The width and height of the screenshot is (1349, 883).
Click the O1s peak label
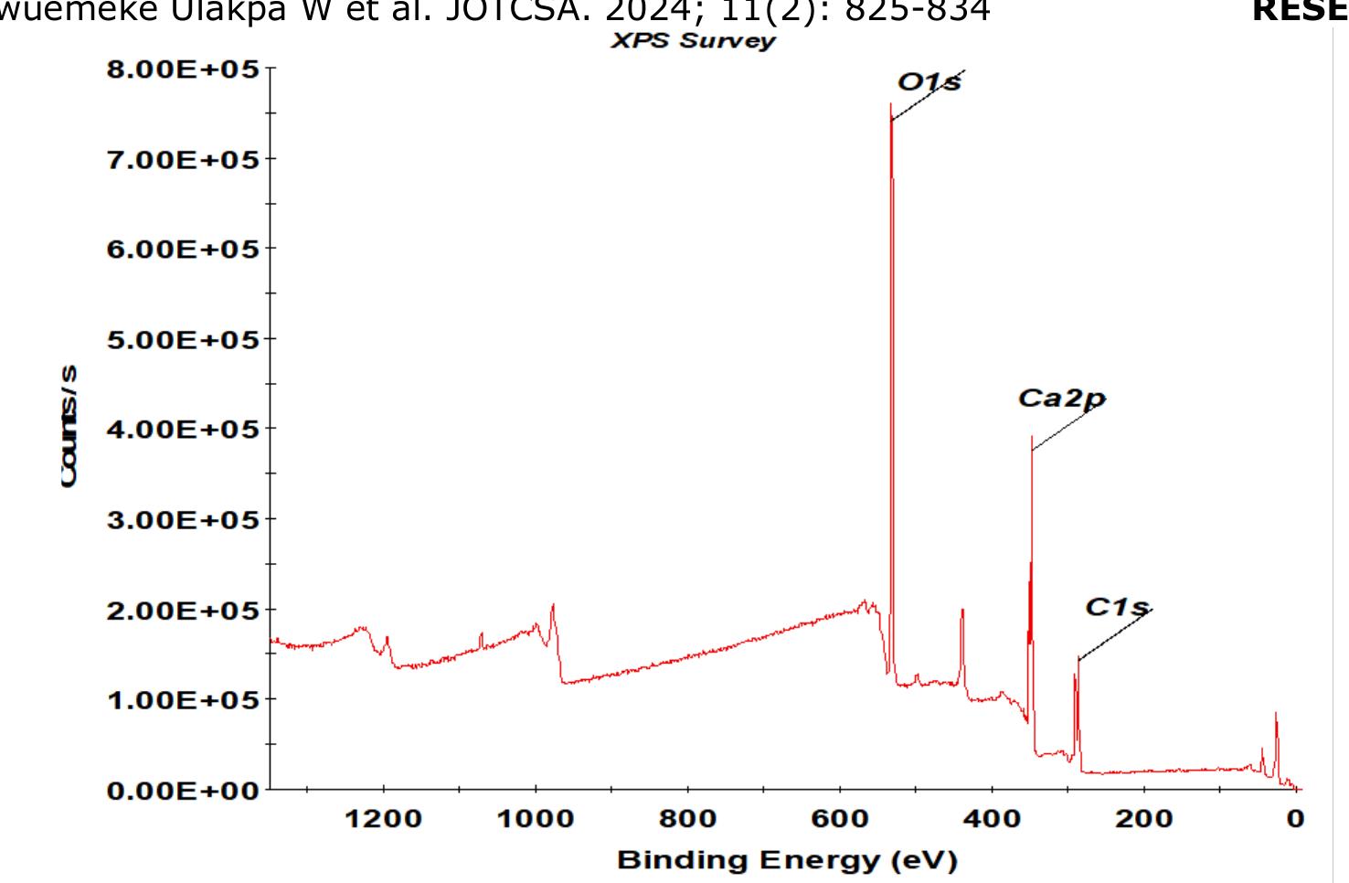tap(929, 82)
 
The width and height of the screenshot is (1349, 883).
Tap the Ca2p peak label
tap(1061, 399)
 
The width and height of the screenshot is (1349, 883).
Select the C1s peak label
tap(1116, 607)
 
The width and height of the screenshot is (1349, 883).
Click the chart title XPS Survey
tap(693, 41)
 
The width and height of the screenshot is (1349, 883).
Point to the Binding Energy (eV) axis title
tap(787, 860)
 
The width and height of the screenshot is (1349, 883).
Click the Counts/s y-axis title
tap(69, 427)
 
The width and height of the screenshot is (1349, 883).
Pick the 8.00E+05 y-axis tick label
tap(184, 69)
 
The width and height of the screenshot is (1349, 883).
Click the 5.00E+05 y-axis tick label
tap(184, 340)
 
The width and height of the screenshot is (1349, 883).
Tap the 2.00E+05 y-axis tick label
tap(184, 611)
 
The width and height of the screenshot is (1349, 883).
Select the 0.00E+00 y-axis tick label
tap(184, 791)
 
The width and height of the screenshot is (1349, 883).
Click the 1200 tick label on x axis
tap(383, 819)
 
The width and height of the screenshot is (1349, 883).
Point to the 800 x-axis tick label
tap(687, 819)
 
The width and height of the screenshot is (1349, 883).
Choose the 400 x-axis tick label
tap(992, 819)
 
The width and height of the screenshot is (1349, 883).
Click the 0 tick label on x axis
tap(1294, 819)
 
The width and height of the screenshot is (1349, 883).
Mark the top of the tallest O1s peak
tap(890, 104)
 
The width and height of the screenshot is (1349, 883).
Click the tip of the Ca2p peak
tap(1032, 437)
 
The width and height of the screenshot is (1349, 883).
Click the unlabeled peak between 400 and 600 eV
tap(961, 611)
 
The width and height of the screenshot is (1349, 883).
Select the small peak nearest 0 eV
tap(1276, 714)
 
